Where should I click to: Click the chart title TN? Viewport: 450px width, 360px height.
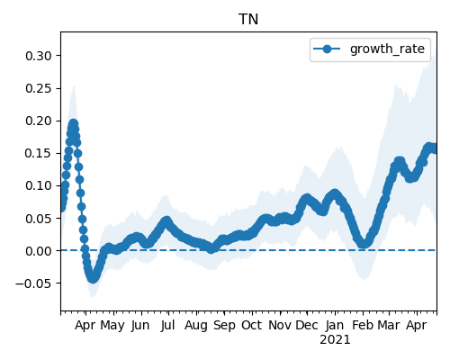coord(248,20)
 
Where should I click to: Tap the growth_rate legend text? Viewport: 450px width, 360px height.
coord(387,49)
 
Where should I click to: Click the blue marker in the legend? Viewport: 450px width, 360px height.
coord(327,49)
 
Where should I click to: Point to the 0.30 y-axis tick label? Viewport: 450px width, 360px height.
coord(39,56)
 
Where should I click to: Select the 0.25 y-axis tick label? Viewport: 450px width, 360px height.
coord(39,88)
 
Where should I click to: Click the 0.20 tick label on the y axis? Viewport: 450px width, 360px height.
coord(39,121)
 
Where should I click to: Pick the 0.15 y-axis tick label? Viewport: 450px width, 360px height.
coord(39,153)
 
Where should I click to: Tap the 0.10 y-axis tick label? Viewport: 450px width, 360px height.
coord(39,185)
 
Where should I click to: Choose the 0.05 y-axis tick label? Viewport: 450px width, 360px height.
coord(39,219)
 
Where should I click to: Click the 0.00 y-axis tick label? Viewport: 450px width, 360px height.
coord(39,251)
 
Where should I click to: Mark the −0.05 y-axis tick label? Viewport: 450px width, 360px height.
coord(33,283)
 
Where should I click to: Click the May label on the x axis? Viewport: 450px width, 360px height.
coord(112,326)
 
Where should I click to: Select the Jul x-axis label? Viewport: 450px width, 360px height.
coord(167,325)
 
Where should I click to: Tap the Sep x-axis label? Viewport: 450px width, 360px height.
coord(224,326)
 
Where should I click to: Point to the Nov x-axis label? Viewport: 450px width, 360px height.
coord(280,325)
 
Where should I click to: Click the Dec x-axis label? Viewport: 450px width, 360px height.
coord(307,325)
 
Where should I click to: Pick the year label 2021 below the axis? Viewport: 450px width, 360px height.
coord(335,340)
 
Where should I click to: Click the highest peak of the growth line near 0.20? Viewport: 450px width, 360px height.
coord(74,123)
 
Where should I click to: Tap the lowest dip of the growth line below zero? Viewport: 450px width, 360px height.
coord(93,278)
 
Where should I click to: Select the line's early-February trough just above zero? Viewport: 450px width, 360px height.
coord(364,244)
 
